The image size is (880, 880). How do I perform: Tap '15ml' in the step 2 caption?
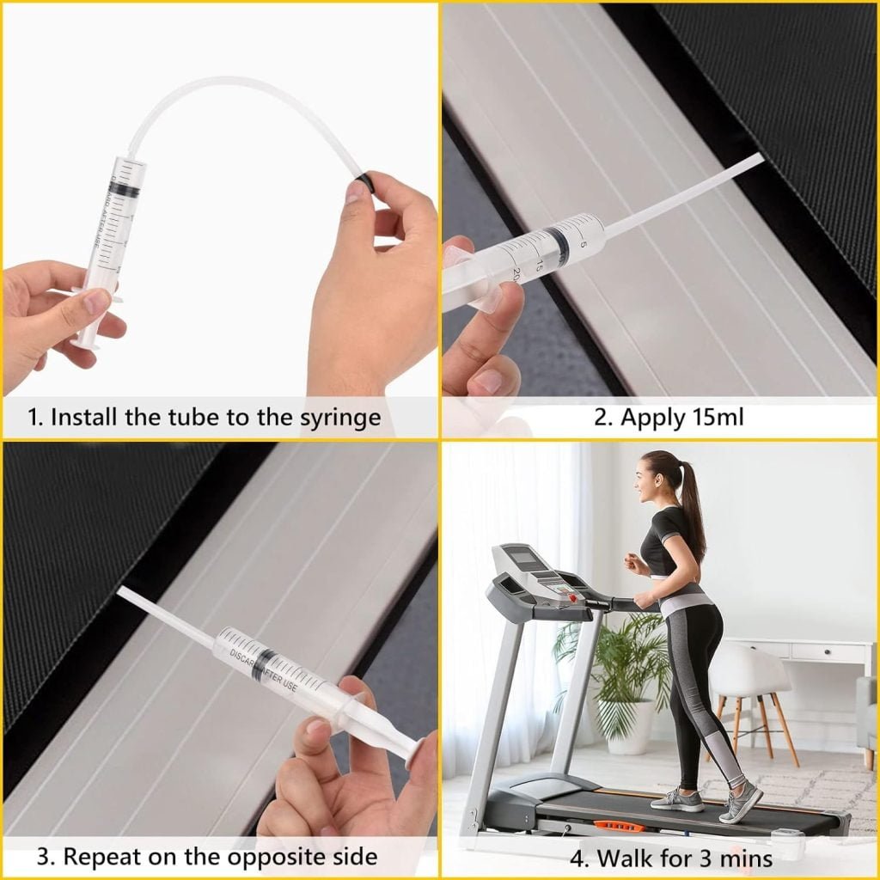click(718, 418)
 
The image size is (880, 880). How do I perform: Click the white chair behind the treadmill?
click(749, 690)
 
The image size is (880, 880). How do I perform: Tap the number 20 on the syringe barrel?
click(516, 274)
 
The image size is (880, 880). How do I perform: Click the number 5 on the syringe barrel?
click(584, 244)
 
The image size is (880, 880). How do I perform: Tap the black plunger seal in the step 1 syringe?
click(125, 192)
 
